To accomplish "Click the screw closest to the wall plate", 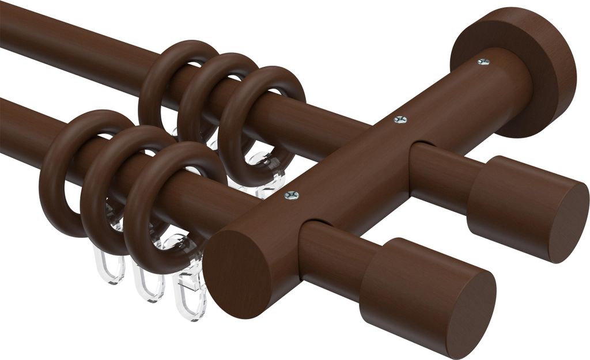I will (483, 62).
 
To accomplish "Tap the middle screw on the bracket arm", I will (400, 120).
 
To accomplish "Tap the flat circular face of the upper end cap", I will (568, 222).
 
